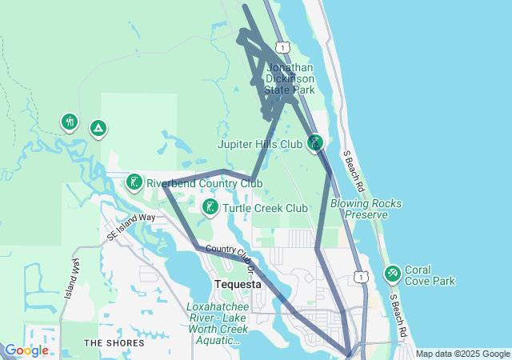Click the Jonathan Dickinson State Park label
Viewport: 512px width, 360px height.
coord(290,79)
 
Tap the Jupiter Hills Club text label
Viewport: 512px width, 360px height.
coord(260,145)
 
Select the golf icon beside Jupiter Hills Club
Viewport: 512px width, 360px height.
coord(316,143)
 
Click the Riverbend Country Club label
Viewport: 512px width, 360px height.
coord(204,183)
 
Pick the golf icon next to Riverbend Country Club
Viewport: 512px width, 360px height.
coord(134,183)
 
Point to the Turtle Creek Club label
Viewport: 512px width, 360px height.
coord(265,208)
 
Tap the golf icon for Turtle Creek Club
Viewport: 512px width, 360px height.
coord(210,208)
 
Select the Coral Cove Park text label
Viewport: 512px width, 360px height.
coord(430,275)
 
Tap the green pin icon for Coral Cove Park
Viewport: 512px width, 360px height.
coord(392,274)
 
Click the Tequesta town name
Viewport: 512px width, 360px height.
coord(238,285)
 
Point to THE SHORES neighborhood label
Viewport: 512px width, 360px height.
coord(115,343)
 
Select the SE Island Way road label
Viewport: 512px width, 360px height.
coord(131,226)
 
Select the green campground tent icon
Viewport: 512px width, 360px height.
coord(98,127)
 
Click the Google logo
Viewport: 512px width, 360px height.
coord(26,350)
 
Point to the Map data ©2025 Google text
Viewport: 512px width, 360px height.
coord(462,354)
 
